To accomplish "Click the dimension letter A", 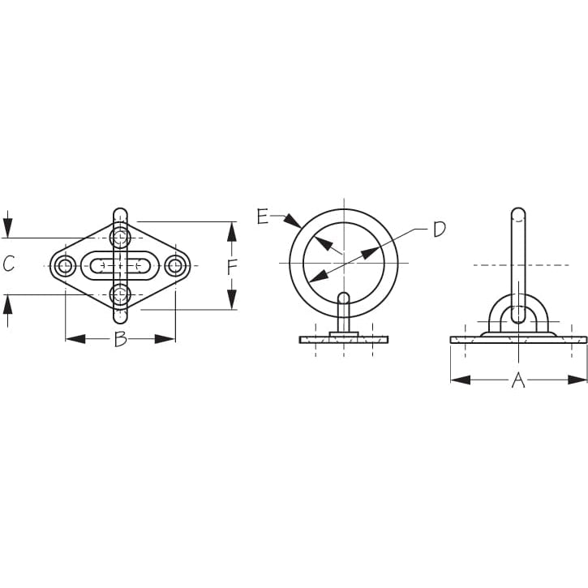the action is (x=518, y=380).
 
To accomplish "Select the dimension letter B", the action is (x=120, y=339).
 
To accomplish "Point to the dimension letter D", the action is (x=439, y=230).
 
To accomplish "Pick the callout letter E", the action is (x=263, y=217).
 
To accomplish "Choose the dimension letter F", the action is (x=233, y=267).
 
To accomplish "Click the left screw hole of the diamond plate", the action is (x=65, y=266).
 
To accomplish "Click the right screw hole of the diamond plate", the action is (x=175, y=266).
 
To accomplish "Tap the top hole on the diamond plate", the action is (x=120, y=238).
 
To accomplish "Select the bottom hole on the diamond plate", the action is (x=120, y=294).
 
